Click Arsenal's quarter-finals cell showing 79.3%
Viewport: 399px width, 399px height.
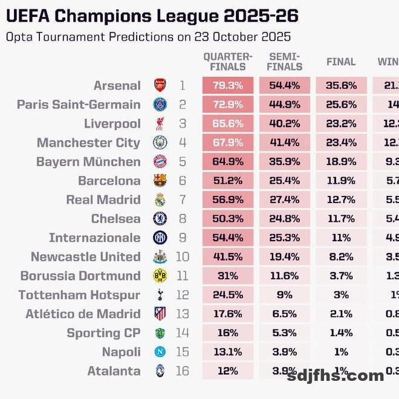click(227, 86)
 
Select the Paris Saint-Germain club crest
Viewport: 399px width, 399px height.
click(160, 105)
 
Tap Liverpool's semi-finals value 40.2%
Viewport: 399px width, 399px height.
click(284, 124)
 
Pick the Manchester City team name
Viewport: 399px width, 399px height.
click(88, 143)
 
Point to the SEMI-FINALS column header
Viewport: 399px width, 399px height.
click(284, 62)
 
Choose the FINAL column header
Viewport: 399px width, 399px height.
click(341, 62)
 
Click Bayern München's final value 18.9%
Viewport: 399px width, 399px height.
click(341, 162)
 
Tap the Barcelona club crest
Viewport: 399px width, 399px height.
click(160, 181)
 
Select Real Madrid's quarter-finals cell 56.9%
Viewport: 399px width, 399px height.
click(227, 200)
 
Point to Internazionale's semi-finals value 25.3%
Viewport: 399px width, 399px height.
click(284, 238)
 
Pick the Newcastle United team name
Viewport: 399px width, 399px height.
click(85, 257)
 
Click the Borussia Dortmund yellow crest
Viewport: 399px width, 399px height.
click(160, 276)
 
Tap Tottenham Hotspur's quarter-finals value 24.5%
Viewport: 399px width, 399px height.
click(227, 295)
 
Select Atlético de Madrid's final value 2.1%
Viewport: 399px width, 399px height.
click(341, 314)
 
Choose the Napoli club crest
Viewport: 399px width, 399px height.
click(160, 352)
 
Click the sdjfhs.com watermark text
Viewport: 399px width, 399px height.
click(336, 376)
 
